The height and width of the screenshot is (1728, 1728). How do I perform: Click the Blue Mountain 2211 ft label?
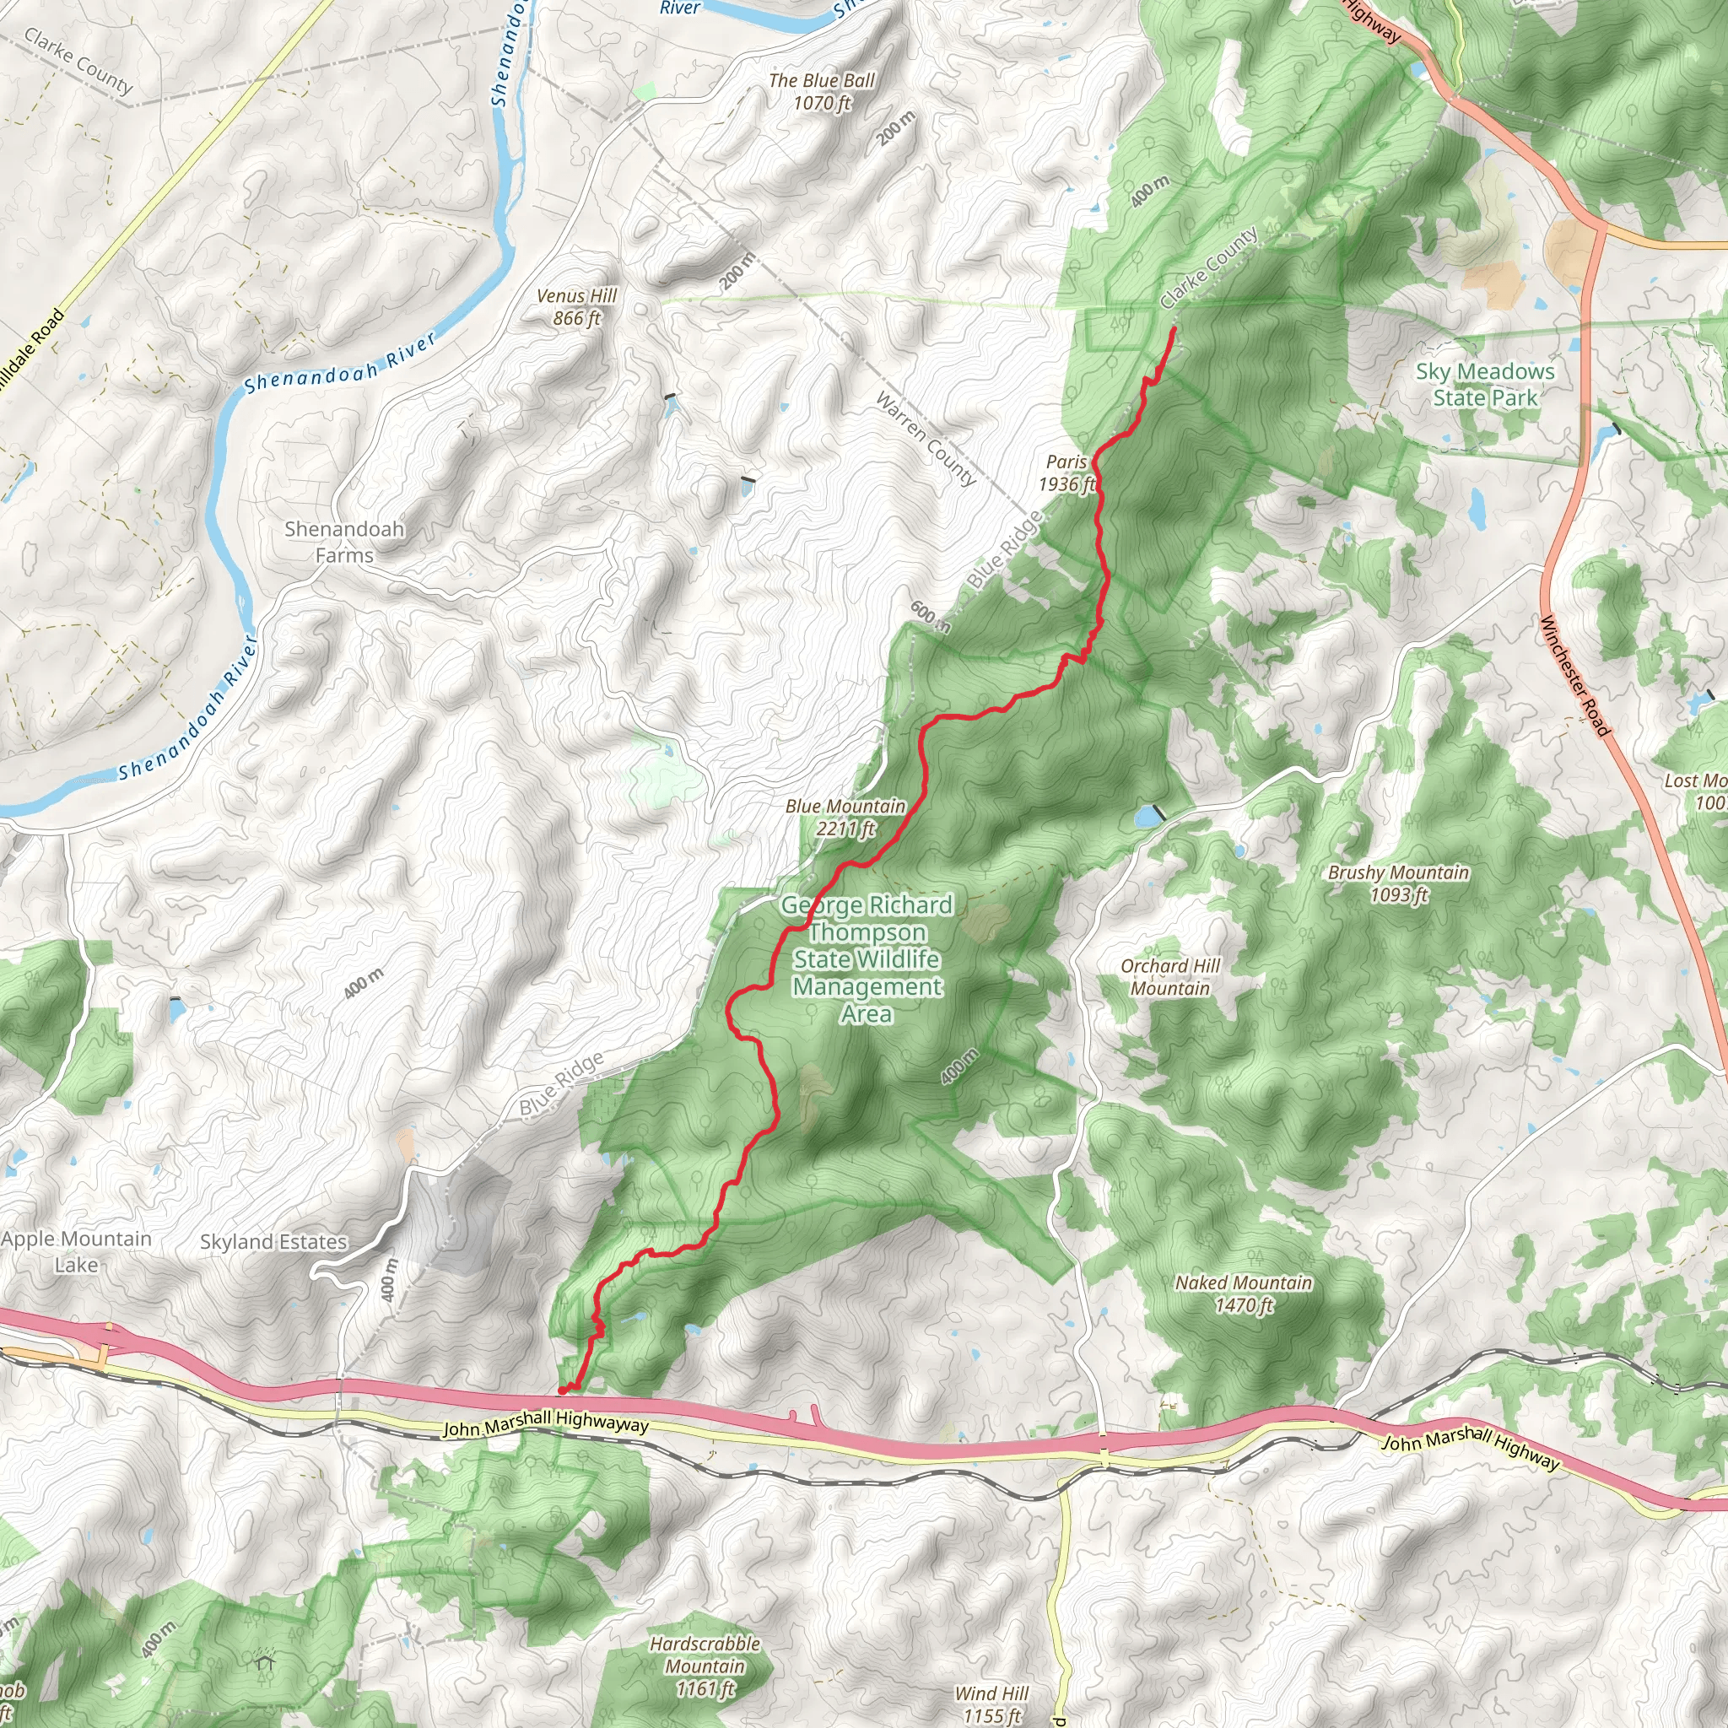click(x=845, y=818)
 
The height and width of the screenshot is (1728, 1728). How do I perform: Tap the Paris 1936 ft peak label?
click(x=1066, y=473)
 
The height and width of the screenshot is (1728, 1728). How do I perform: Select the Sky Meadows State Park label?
click(x=1485, y=385)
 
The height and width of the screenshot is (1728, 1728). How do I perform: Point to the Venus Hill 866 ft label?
click(x=577, y=307)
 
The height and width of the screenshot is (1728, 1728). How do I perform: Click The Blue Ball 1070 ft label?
click(x=821, y=91)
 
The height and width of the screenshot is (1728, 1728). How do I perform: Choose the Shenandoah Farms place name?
click(x=344, y=542)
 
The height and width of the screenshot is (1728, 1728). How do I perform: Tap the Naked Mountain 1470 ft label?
click(x=1243, y=1293)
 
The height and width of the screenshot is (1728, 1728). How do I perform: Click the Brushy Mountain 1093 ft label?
click(x=1398, y=883)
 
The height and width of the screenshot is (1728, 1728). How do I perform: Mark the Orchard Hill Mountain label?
click(x=1170, y=977)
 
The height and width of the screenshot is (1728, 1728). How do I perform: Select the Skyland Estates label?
click(x=273, y=1241)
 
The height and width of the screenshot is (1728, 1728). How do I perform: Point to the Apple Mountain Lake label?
click(x=76, y=1251)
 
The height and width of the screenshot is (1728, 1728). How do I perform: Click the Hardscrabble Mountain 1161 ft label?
click(x=705, y=1666)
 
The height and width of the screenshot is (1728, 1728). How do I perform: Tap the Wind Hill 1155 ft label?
click(x=991, y=1704)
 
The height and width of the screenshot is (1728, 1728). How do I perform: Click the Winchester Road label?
click(x=1574, y=676)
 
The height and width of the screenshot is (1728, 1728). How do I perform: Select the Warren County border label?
click(x=925, y=438)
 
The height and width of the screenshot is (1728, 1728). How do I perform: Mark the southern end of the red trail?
click(x=562, y=1390)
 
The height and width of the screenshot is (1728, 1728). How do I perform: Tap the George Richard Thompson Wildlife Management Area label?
click(x=866, y=958)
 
